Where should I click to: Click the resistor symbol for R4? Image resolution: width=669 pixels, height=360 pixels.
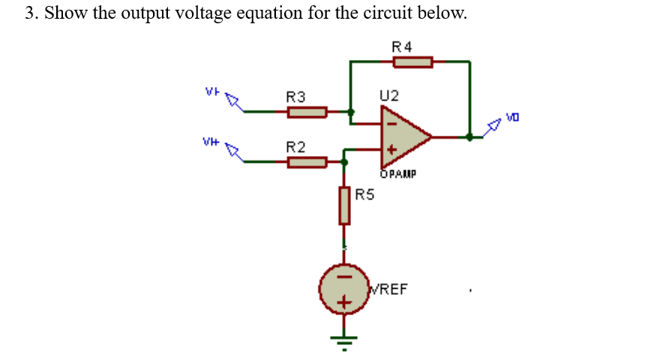(x=412, y=62)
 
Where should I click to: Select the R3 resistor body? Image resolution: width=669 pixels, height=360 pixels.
(x=307, y=112)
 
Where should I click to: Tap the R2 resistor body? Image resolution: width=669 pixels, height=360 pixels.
(x=307, y=161)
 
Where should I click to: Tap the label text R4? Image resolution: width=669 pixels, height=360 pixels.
(x=402, y=46)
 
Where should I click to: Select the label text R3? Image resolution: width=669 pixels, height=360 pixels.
(x=295, y=97)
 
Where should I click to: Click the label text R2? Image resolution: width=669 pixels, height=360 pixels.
(x=295, y=145)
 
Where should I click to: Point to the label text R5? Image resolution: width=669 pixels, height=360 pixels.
(x=364, y=196)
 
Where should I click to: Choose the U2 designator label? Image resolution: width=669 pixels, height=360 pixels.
(x=389, y=96)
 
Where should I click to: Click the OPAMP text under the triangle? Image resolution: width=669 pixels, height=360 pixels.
(x=397, y=174)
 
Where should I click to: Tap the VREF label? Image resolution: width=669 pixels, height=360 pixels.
(x=388, y=289)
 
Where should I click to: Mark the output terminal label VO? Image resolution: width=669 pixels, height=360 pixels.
(x=512, y=117)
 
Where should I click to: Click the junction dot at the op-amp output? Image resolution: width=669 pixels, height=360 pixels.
(x=469, y=137)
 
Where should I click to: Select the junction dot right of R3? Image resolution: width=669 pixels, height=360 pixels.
(x=350, y=112)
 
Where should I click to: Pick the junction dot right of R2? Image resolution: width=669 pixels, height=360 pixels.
(x=344, y=161)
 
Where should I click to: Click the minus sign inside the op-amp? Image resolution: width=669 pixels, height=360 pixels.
(x=389, y=123)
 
